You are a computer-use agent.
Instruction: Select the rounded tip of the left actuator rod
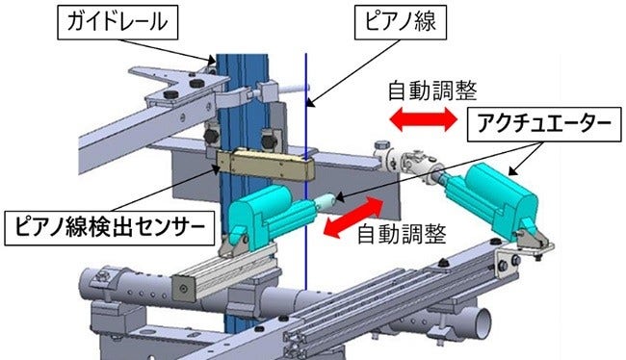[x=328, y=200]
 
